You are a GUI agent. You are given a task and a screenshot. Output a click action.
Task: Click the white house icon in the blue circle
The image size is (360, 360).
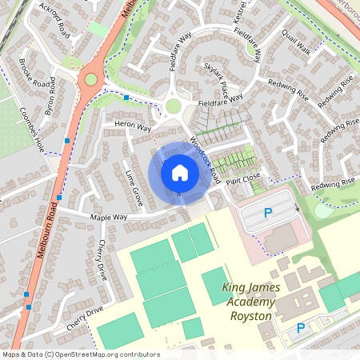click(x=180, y=172)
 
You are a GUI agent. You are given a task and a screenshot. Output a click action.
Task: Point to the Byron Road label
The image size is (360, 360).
click(x=51, y=95)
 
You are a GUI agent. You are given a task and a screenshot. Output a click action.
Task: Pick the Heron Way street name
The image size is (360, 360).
click(x=133, y=126)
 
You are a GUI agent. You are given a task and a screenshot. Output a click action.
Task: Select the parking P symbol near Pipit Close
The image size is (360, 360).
click(x=269, y=213)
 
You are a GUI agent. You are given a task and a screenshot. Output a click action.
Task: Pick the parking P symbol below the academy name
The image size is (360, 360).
click(x=301, y=328)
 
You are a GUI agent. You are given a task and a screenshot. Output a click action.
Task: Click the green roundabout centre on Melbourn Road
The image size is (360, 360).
click(x=90, y=79)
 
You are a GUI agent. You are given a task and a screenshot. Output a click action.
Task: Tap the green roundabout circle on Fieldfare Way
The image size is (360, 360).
click(x=174, y=106)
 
